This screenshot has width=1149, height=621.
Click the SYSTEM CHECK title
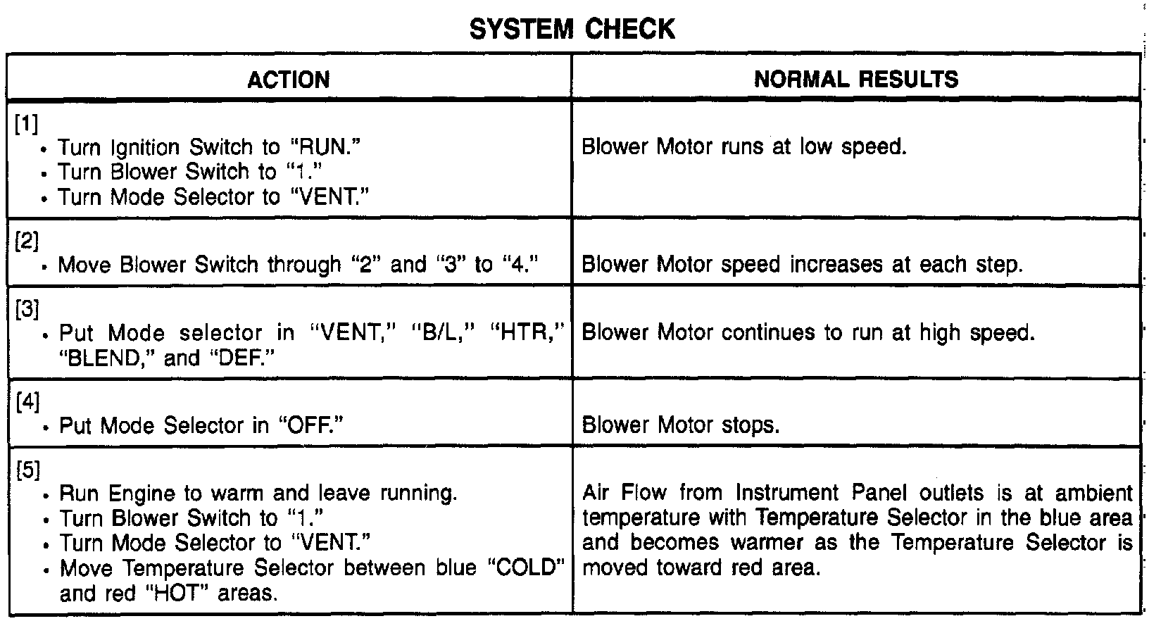click(572, 29)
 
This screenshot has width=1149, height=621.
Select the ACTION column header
click(289, 80)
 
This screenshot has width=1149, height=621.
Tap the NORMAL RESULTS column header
click(856, 79)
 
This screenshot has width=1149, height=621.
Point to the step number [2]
click(27, 241)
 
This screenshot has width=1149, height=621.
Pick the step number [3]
click(27, 309)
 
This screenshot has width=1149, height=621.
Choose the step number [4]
click(27, 402)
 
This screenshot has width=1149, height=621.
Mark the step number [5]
click(27, 470)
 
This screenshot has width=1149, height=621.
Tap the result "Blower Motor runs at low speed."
click(744, 147)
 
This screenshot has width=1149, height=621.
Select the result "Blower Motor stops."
click(681, 425)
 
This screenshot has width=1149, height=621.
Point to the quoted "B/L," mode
click(437, 332)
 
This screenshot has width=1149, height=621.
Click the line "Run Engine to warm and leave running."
click(258, 492)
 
